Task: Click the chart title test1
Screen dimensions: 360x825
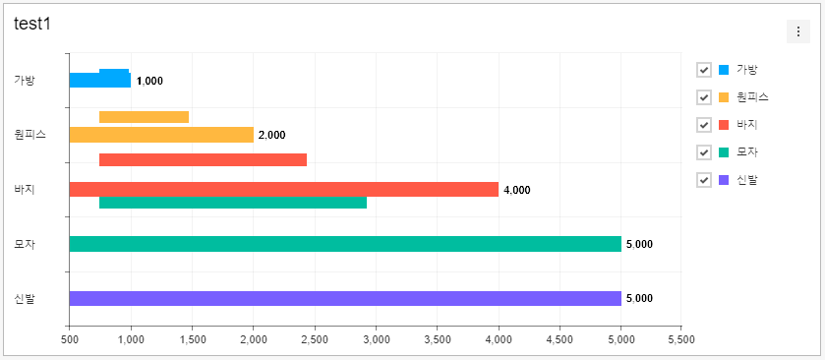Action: click(x=32, y=24)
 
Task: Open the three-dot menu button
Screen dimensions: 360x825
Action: click(x=797, y=32)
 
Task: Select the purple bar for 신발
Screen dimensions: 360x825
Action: click(x=345, y=298)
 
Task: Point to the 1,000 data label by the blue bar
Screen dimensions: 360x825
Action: click(x=149, y=81)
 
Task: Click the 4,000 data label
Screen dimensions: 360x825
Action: click(x=516, y=190)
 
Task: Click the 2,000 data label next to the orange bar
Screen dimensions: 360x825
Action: click(x=271, y=135)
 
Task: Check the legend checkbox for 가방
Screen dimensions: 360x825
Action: click(x=704, y=70)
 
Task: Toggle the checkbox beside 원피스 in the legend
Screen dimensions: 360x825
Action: click(x=704, y=97)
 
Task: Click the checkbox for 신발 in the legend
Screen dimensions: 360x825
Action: click(x=704, y=180)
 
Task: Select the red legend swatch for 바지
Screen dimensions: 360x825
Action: click(x=725, y=125)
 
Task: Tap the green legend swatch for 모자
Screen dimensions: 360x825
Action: click(x=725, y=152)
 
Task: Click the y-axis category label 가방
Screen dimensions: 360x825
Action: click(x=25, y=81)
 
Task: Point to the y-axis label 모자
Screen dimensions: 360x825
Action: click(x=25, y=244)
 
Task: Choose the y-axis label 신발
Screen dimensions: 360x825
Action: click(x=25, y=298)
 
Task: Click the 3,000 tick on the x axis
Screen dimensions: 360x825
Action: click(x=376, y=339)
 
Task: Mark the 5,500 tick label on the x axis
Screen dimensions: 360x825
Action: click(x=680, y=339)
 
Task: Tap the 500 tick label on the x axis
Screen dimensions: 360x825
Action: click(x=69, y=339)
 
